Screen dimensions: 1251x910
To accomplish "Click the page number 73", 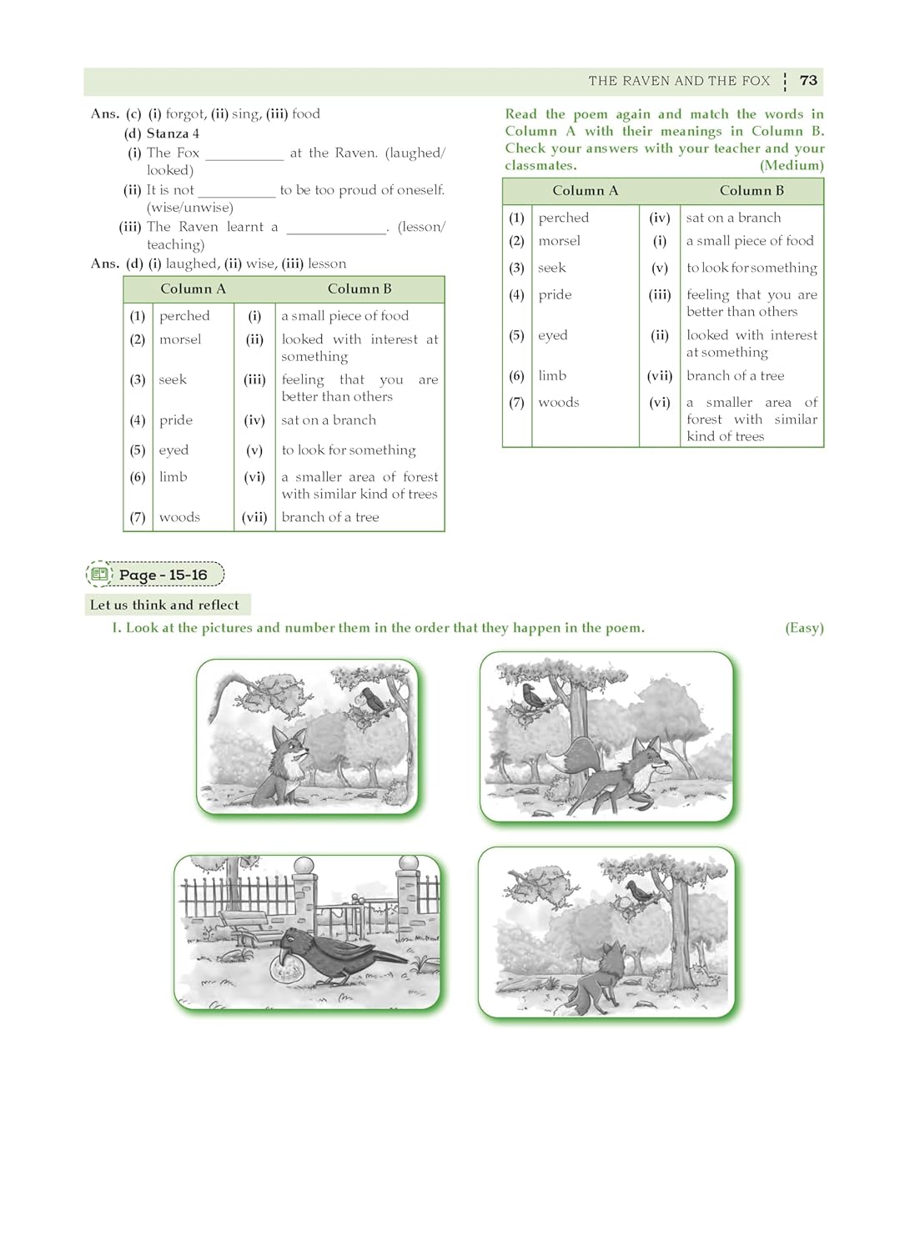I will pyautogui.click(x=807, y=81).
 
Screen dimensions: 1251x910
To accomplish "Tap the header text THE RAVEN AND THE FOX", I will pyautogui.click(x=679, y=81).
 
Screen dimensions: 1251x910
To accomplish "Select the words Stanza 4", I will pyautogui.click(x=173, y=133).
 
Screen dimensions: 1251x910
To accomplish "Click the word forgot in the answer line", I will pyautogui.click(x=185, y=114).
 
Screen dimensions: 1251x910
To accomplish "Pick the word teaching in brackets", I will pyautogui.click(x=173, y=244).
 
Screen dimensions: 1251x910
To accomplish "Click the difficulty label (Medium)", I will pyautogui.click(x=791, y=165).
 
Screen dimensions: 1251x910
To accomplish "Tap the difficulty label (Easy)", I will pyautogui.click(x=803, y=628).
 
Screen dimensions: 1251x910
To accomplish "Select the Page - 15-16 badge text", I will pyautogui.click(x=163, y=575).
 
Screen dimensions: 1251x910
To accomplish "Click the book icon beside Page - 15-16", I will pyautogui.click(x=100, y=575).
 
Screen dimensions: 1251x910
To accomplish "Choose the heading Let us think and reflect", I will pyautogui.click(x=164, y=605).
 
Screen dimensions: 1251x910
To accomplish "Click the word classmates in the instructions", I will pyautogui.click(x=539, y=165).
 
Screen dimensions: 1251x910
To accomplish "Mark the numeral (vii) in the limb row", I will pyautogui.click(x=659, y=376).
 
